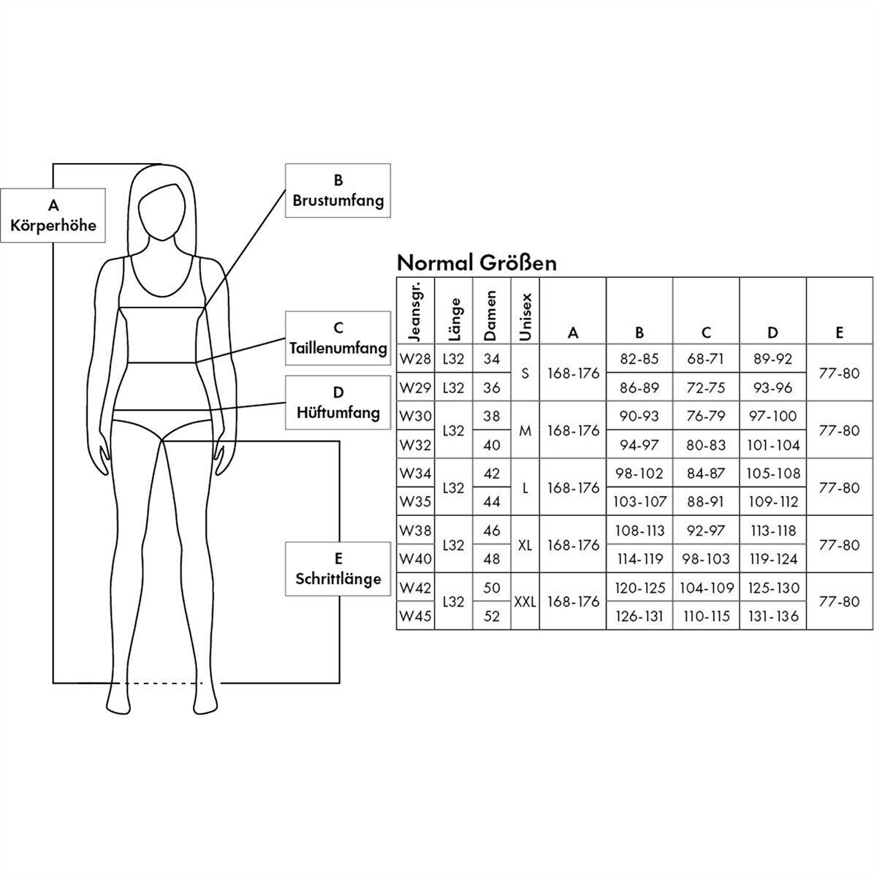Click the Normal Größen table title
point(476,262)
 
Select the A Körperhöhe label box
point(53,216)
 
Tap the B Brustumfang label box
point(338,190)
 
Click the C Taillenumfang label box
point(338,338)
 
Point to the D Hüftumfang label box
point(338,403)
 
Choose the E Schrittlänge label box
point(338,569)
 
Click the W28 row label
point(415,359)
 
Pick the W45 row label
point(415,616)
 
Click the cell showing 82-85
point(639,359)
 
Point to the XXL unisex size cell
point(525,602)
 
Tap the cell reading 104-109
point(706,588)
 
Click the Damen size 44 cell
point(492,502)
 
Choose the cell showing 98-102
point(639,474)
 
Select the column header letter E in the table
point(839,333)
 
